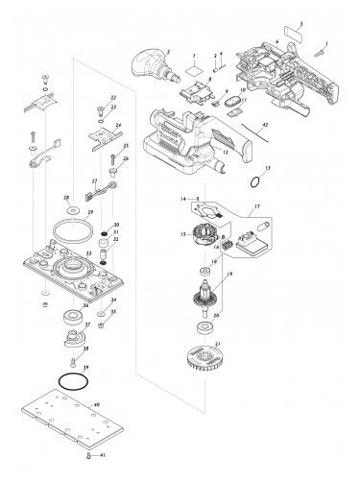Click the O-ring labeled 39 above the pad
click(67, 380)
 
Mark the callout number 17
click(255, 207)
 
